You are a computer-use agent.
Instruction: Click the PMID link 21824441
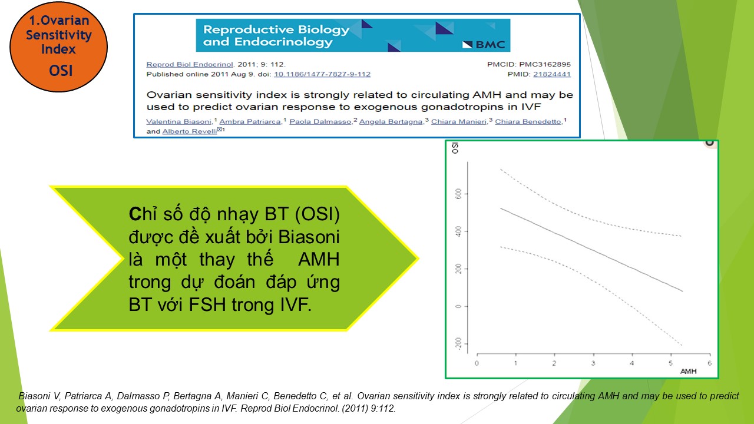552,74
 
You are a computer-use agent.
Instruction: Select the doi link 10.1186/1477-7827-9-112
322,74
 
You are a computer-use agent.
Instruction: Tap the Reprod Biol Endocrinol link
190,64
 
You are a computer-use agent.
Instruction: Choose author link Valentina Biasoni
178,121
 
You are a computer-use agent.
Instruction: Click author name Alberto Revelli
190,131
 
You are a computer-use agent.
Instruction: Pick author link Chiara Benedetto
528,121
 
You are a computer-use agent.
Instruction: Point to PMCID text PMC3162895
545,64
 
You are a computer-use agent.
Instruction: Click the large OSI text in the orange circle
61,71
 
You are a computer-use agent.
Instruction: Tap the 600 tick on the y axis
458,194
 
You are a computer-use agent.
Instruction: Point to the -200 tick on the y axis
458,344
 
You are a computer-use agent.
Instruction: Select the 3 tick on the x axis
593,363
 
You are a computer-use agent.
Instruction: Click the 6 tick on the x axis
710,363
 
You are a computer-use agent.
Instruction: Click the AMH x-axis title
689,371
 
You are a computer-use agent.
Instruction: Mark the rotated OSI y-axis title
455,148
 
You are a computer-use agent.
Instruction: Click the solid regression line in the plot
591,250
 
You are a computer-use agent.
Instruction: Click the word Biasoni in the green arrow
309,237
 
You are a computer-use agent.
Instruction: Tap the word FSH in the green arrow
207,304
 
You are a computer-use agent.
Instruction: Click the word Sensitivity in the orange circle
58,35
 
